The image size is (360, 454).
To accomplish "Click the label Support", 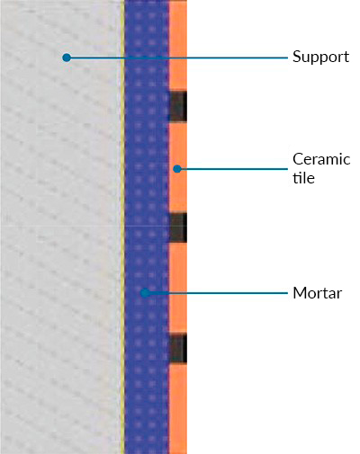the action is point(320,57).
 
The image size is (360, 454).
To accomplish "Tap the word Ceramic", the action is point(321,159).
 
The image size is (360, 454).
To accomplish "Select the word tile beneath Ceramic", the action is point(303,178).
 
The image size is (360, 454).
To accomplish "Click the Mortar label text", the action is point(317,293).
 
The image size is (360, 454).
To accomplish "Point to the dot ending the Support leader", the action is point(67,58).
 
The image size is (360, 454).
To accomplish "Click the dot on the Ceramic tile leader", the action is point(177,169).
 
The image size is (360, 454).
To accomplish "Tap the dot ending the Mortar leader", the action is point(145,293).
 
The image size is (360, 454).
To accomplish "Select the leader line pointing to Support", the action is point(177,58).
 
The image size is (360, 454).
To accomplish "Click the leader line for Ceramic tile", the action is point(232,169).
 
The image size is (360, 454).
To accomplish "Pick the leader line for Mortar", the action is point(216,293).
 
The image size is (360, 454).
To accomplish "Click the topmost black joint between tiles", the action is point(178,107).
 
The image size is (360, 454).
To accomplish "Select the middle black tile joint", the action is point(178,227).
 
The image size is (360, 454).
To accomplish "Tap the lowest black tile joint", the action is point(178,349).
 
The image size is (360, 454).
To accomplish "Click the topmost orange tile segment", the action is point(178,46).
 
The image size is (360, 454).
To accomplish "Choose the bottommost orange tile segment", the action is point(178,409).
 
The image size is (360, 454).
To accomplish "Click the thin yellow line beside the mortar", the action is point(122,227).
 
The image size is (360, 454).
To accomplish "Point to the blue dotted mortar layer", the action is point(147,227).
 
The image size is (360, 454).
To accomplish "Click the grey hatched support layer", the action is point(60,227).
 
